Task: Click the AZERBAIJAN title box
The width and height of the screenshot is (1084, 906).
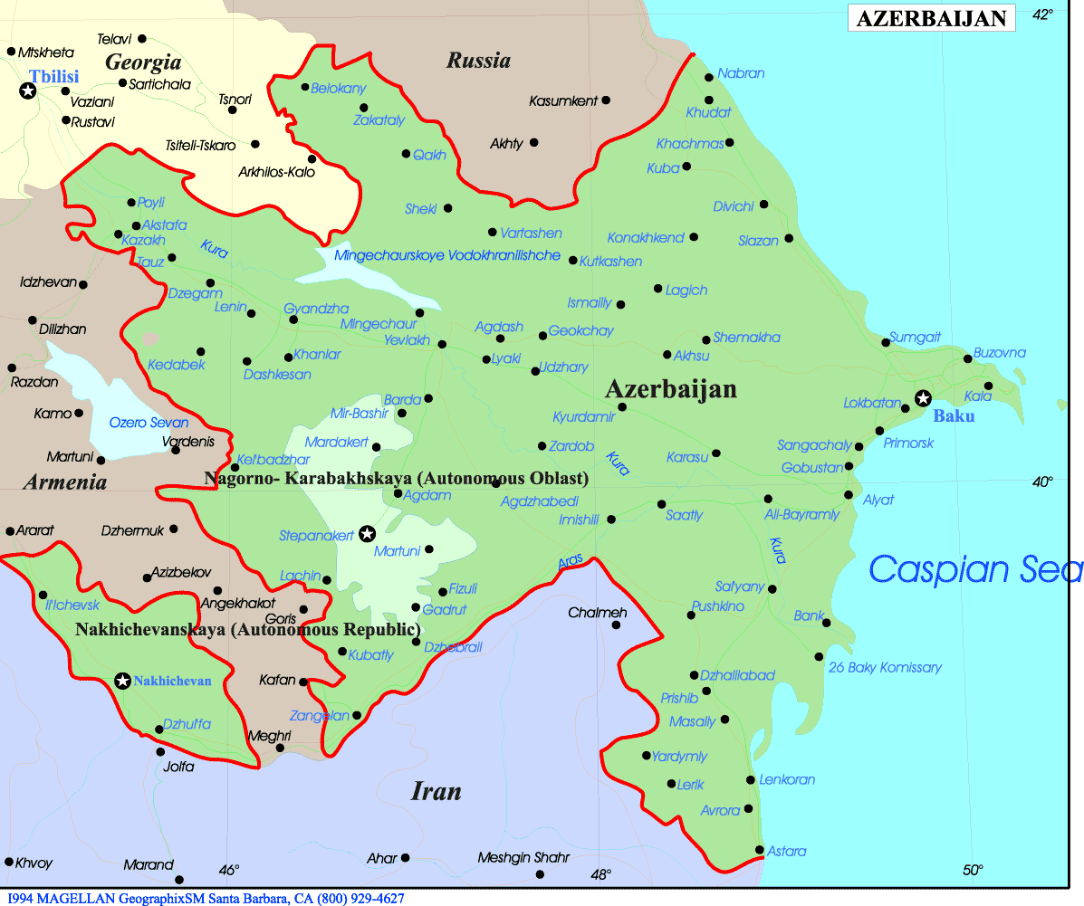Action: click(931, 18)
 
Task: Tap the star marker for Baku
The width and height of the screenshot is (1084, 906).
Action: click(923, 398)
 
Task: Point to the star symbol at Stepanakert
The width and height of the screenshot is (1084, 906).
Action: click(367, 534)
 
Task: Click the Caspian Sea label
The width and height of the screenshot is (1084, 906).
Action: click(974, 569)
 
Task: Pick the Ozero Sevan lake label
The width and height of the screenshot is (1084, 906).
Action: click(149, 423)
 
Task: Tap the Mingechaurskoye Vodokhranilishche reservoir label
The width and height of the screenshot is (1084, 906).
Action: click(447, 256)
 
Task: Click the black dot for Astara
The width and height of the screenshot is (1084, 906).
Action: click(759, 849)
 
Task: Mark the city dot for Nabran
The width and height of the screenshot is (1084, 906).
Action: click(709, 78)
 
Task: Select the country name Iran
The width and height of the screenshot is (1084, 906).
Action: click(436, 792)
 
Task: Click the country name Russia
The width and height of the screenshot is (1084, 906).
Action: click(478, 62)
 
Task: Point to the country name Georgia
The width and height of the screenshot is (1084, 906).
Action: click(143, 62)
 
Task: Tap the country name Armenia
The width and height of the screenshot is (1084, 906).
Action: click(64, 482)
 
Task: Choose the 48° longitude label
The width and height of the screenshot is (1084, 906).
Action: click(600, 874)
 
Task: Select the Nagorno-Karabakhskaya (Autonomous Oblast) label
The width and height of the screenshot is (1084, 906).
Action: click(397, 478)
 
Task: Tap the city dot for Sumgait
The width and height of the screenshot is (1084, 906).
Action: click(887, 342)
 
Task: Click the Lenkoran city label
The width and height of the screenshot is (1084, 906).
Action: click(787, 779)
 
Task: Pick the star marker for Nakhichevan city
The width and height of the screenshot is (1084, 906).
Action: click(122, 681)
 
